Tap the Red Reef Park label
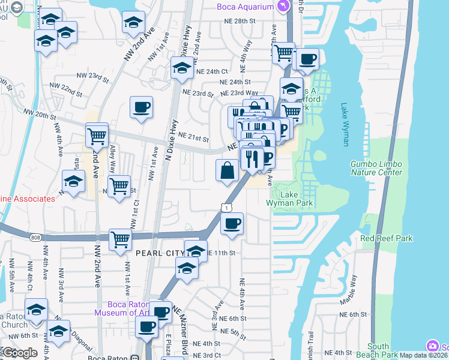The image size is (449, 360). [387, 238]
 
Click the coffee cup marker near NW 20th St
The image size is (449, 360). [141, 108]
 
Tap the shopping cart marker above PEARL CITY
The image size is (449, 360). [121, 239]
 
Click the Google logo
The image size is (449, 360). [20, 353]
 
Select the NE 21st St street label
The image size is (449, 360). [193, 138]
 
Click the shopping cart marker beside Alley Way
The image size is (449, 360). [119, 186]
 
